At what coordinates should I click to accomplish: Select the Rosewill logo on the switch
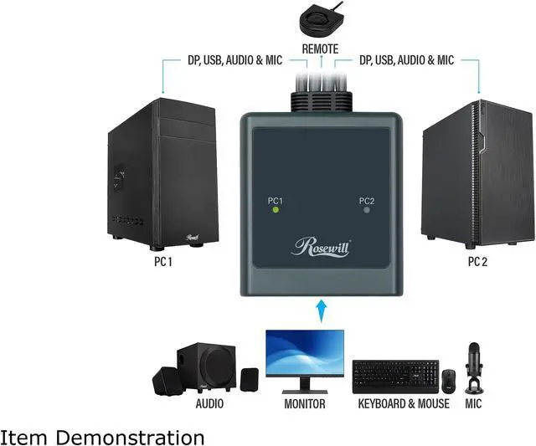pyautogui.click(x=321, y=247)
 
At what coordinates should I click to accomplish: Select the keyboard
pyautogui.click(x=395, y=377)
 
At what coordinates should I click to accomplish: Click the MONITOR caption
pyautogui.click(x=304, y=403)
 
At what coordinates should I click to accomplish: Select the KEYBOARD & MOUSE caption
pyautogui.click(x=404, y=403)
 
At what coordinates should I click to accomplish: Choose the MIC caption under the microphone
pyautogui.click(x=475, y=403)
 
